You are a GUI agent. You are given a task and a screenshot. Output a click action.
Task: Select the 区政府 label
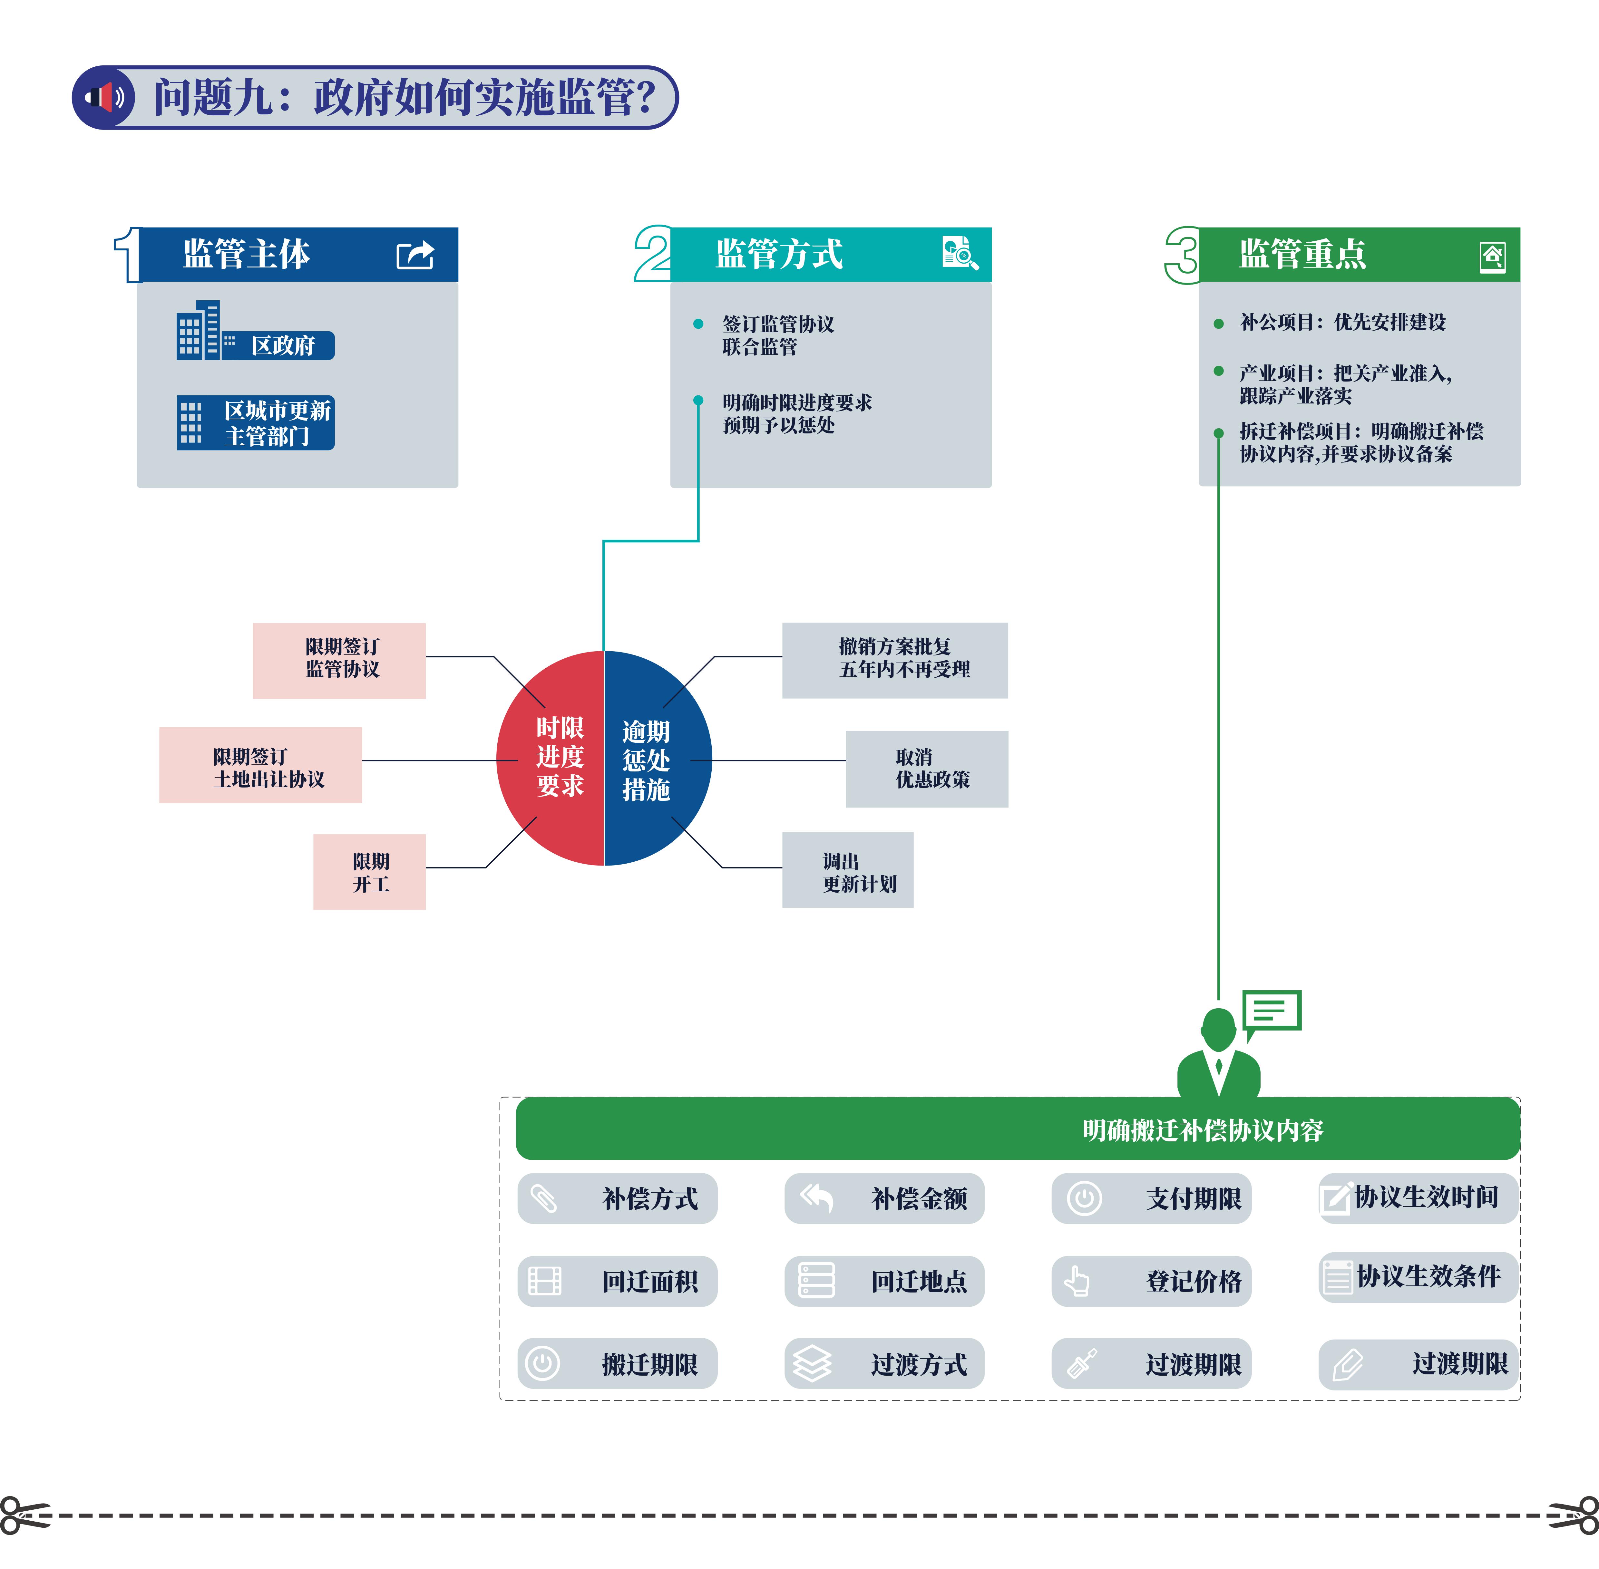point(283,345)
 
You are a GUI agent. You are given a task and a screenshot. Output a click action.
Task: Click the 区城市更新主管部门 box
point(256,423)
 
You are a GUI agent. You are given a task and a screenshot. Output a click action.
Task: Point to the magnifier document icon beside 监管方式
point(960,253)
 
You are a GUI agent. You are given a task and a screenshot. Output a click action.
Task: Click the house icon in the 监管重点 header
point(1492,256)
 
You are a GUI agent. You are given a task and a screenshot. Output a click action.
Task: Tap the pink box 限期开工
point(369,872)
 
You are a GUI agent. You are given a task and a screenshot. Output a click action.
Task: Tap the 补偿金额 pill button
point(884,1198)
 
